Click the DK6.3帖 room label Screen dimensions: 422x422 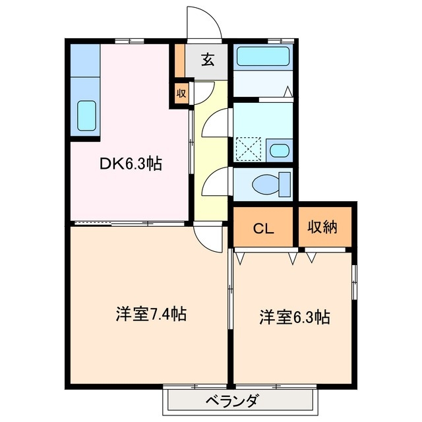point(131,164)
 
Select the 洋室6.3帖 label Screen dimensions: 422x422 point(293,317)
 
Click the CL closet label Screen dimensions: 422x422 point(264,228)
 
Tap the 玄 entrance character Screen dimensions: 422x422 point(207,60)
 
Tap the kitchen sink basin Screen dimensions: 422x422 point(87,116)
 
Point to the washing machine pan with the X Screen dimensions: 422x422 point(249,149)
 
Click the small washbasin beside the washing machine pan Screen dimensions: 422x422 point(280,150)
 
